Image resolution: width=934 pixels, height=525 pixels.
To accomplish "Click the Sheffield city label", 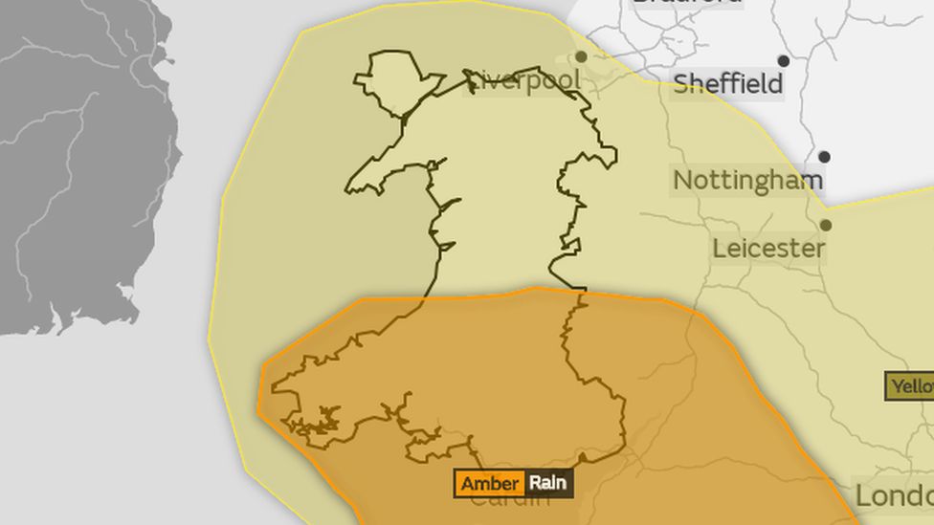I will click(x=728, y=84).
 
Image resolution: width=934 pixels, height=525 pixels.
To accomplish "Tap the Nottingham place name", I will click(x=747, y=181).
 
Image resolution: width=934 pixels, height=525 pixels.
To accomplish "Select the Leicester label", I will click(x=768, y=250).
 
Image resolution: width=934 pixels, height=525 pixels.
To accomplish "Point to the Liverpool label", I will click(x=523, y=81).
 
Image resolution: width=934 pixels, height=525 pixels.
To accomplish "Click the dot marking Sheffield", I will click(x=784, y=61).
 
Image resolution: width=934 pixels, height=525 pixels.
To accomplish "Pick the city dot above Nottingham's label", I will click(x=824, y=157).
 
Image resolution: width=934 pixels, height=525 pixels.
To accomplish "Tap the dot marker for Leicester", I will click(x=826, y=226).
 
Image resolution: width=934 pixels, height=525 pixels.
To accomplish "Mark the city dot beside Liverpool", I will click(x=581, y=57).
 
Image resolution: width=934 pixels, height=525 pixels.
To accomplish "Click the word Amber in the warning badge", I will click(x=490, y=483).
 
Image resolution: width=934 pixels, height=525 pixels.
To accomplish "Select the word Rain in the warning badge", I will click(x=547, y=483).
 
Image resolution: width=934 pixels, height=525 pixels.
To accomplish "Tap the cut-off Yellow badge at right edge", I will click(x=910, y=386).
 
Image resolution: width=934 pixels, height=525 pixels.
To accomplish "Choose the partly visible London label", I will click(x=894, y=496).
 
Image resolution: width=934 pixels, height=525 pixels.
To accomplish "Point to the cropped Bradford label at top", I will click(x=686, y=3).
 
